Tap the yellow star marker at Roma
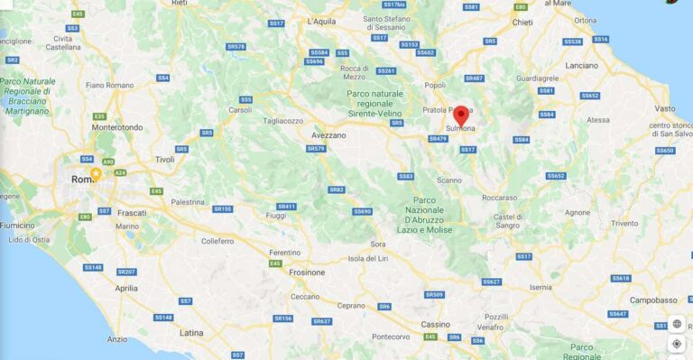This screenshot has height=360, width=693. tap(96, 172)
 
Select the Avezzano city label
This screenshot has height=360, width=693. tap(328, 134)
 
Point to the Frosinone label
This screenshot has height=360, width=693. tap(305, 271)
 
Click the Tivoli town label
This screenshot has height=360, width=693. tap(165, 159)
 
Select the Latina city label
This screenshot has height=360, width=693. tap(191, 333)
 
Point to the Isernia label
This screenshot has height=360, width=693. tap(541, 287)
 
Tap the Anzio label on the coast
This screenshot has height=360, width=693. tap(117, 339)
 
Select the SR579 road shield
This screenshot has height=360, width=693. tap(316, 148)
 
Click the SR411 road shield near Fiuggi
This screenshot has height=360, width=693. tap(286, 206)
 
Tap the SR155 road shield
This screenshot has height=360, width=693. tap(222, 208)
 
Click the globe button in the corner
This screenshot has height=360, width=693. tap(677, 324)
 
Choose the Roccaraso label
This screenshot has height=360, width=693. tap(499, 198)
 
